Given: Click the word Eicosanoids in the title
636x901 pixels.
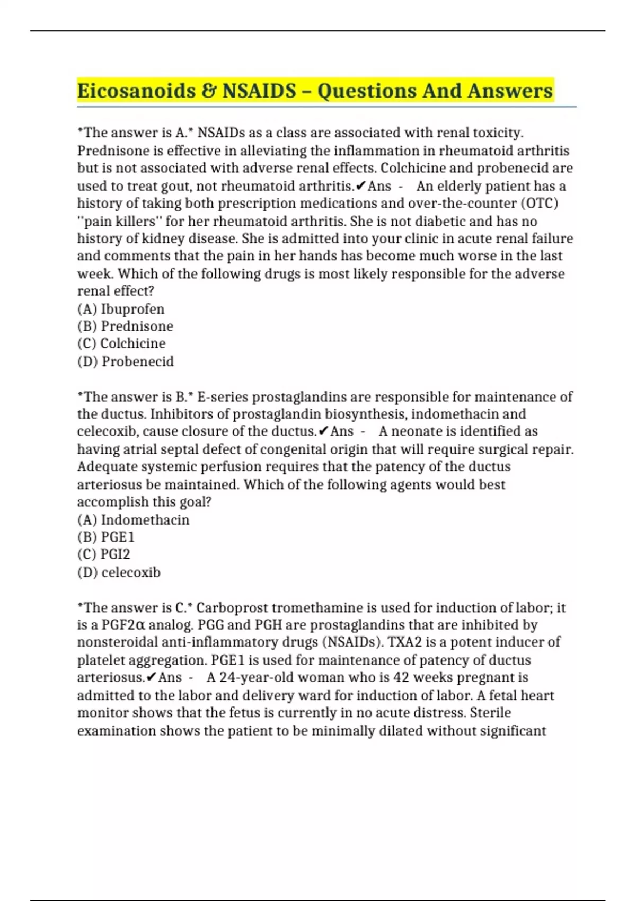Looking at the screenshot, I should point(136,91).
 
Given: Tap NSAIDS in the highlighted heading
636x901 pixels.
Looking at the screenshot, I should point(259,91).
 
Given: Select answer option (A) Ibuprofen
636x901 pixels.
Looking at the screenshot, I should point(121,309).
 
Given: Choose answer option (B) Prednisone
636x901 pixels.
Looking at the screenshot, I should point(125,326).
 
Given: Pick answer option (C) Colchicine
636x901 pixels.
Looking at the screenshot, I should point(121,343).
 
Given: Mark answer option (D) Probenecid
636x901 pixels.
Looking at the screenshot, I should point(126,361).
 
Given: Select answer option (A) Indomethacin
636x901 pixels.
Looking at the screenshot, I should point(133,519).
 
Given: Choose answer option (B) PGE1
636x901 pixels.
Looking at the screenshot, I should point(106,537).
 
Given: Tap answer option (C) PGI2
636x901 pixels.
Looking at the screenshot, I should point(103,554).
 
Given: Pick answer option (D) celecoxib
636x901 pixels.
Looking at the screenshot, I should point(119,572).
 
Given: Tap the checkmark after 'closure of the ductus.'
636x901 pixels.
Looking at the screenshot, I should point(323,431).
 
